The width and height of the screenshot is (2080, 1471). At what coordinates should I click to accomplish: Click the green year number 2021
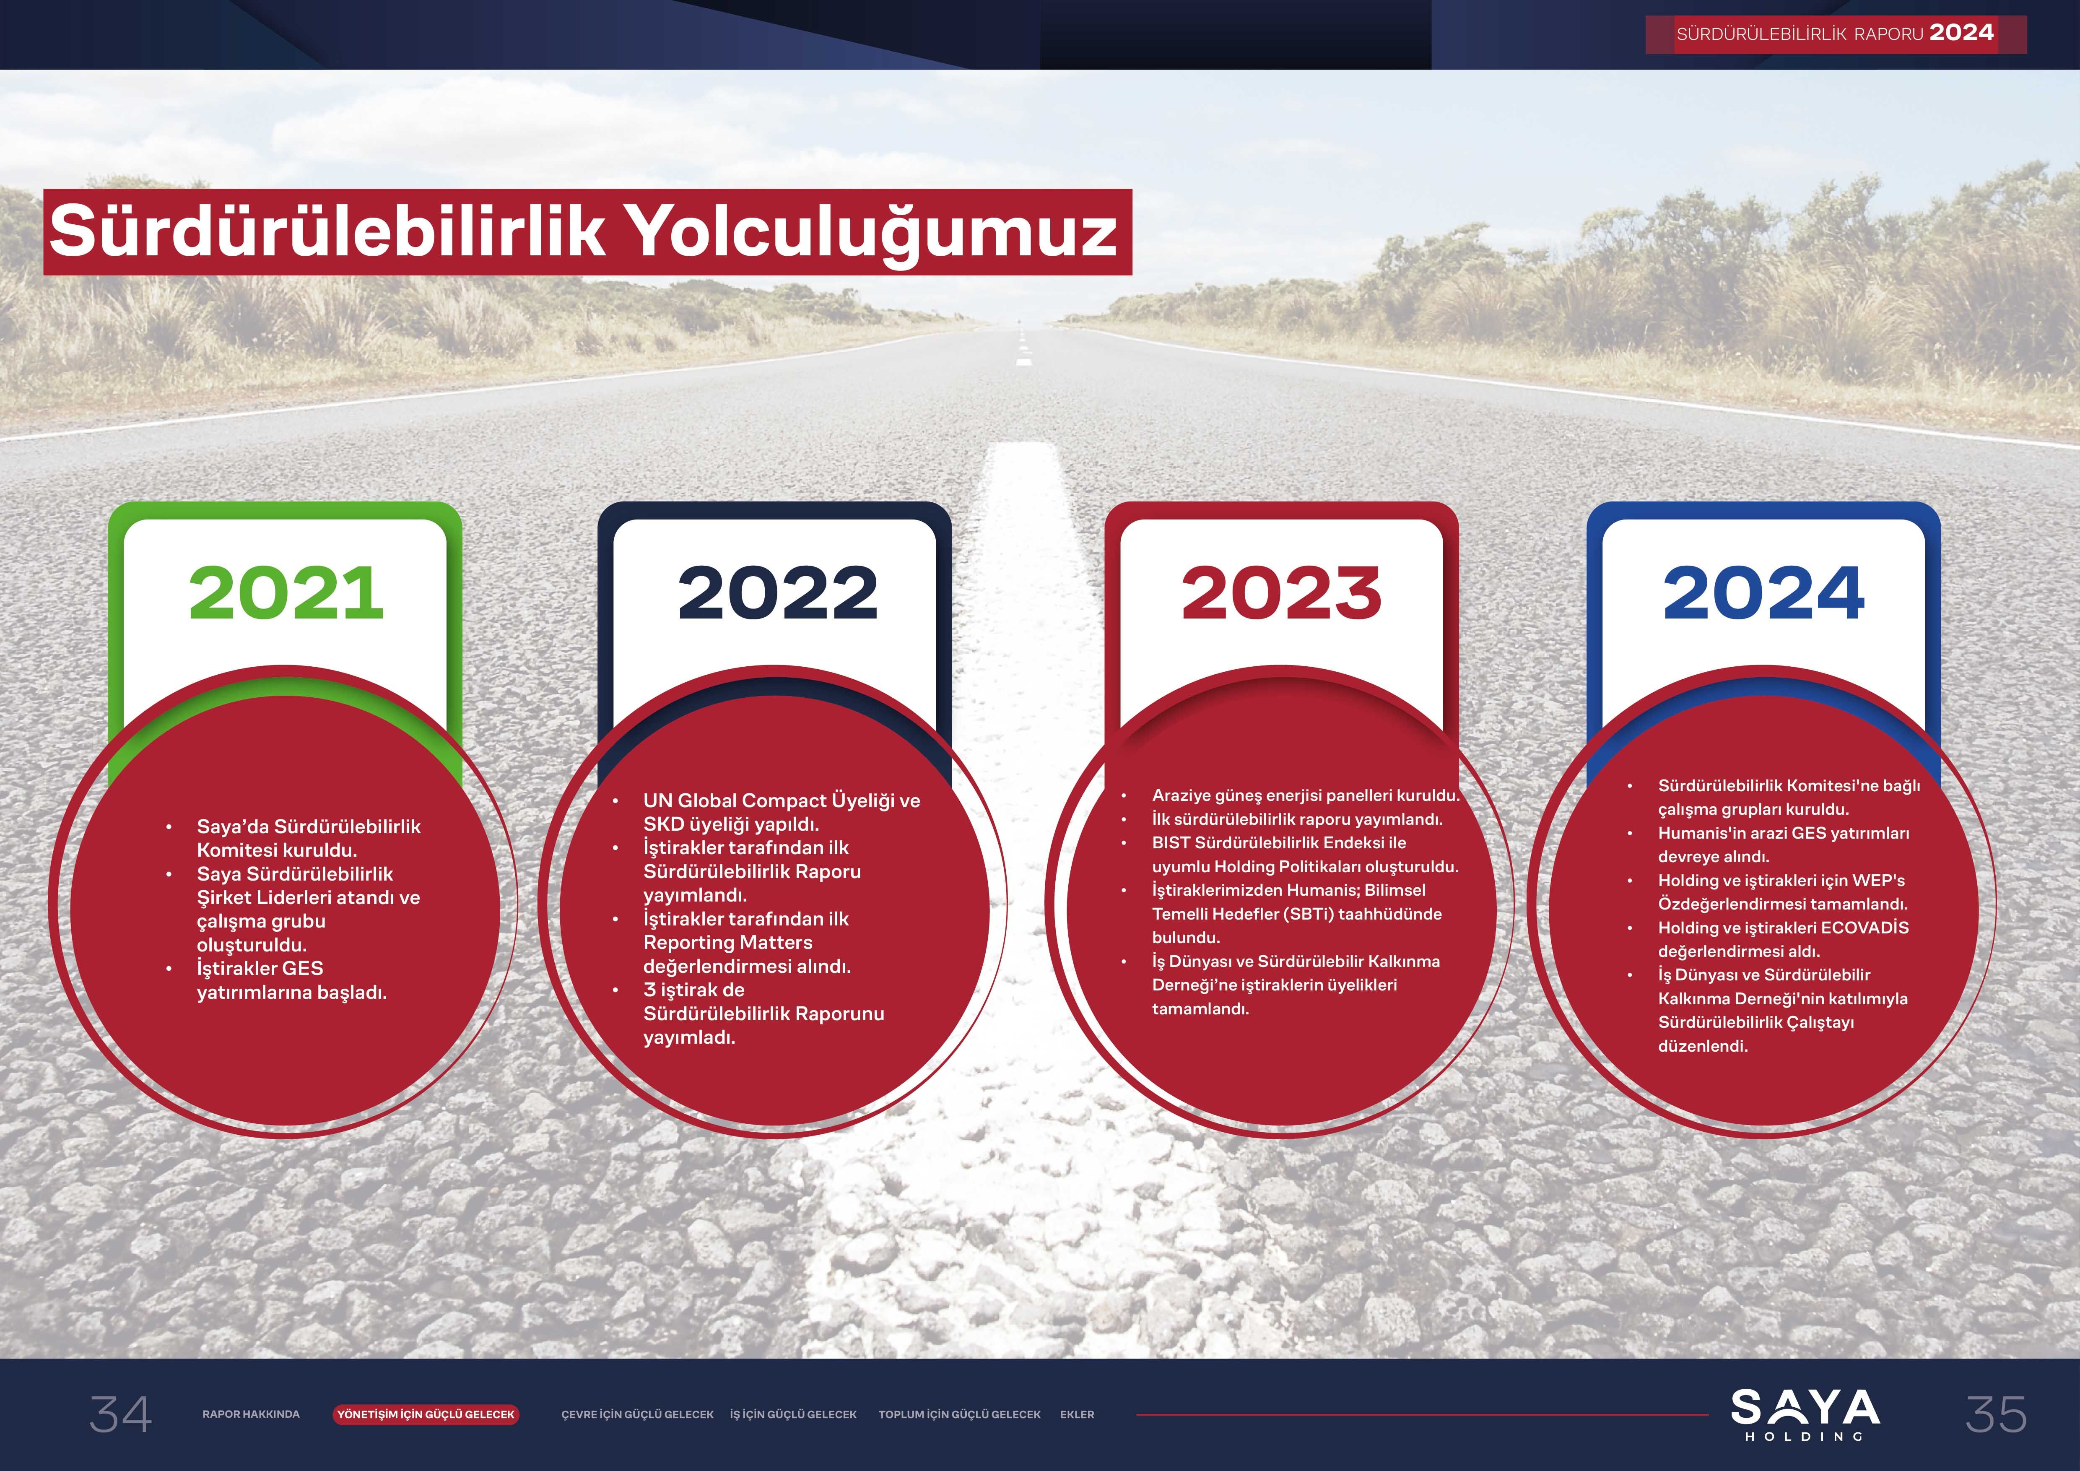286,594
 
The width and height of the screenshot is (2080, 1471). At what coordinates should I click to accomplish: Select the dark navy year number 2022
777,594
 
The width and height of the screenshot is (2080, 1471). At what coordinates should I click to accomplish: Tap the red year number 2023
1281,594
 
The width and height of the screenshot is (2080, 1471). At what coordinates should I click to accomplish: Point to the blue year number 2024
1763,594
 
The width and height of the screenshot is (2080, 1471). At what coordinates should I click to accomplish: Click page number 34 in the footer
120,1414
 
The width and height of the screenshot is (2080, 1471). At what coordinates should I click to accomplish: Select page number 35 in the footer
1996,1414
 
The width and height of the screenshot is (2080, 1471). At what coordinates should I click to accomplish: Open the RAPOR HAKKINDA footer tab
251,1414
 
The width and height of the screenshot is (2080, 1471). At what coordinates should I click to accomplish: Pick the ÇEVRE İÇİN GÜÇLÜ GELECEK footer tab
637,1414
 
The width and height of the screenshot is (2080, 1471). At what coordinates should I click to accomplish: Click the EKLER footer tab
1077,1414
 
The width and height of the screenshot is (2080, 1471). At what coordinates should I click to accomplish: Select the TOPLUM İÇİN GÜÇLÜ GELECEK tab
959,1414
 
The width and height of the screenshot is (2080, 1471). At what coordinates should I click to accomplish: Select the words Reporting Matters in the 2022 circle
727,943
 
